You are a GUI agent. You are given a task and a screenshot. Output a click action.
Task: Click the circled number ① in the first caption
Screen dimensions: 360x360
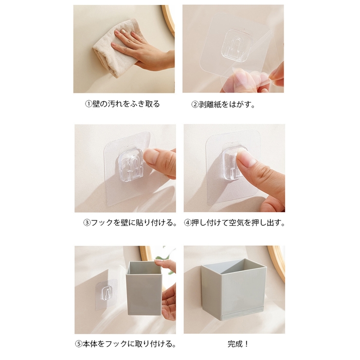coord(89,104)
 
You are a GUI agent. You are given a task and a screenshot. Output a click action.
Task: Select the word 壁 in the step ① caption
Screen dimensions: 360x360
coord(96,104)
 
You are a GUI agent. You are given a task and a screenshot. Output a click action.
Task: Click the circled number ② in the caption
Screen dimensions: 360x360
coord(195,105)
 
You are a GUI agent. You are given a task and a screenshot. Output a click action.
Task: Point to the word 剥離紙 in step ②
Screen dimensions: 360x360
coord(210,105)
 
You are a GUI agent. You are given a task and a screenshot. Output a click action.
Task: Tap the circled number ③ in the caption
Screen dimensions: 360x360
coord(87,223)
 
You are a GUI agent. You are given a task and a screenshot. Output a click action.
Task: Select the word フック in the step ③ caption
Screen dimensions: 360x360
coord(102,223)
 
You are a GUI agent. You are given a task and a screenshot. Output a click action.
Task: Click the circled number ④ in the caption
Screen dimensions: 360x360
coord(188,223)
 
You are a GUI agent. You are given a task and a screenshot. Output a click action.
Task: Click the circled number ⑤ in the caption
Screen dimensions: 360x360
coord(78,344)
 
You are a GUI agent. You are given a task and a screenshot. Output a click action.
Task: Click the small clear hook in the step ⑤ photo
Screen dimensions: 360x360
coord(107,293)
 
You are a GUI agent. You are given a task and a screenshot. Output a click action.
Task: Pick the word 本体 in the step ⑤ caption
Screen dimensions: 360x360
coord(90,344)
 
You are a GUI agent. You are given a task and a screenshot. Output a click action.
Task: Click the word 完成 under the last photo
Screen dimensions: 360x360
coord(235,344)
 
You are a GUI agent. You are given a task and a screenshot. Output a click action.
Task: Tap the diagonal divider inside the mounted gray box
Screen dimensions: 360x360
coord(232,266)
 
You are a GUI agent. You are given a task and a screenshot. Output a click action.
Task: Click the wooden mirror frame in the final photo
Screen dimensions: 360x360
coord(278,262)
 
